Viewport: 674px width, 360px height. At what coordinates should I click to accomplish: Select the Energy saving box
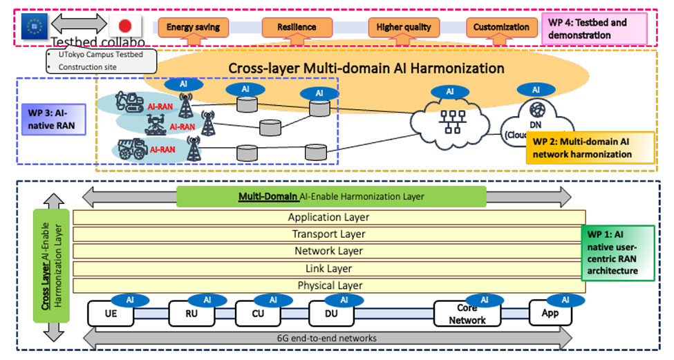[x=193, y=28]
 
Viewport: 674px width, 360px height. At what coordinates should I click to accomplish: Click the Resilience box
[x=297, y=28]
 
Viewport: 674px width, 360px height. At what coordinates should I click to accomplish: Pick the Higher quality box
[x=404, y=28]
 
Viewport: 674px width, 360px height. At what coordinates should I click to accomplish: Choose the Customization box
[x=502, y=28]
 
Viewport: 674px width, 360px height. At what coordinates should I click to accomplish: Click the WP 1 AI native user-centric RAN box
[x=618, y=252]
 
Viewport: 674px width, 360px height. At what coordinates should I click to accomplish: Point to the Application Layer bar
[x=328, y=217]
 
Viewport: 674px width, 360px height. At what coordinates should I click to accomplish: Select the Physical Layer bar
[x=328, y=285]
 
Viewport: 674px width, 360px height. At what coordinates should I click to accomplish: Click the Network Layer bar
[x=328, y=252]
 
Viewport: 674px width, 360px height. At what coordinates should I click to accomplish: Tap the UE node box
[x=110, y=312]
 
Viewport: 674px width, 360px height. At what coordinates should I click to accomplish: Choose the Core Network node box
[x=467, y=314]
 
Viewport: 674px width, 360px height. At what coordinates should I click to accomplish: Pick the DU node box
[x=330, y=312]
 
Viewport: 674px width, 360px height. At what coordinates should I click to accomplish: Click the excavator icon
[x=129, y=102]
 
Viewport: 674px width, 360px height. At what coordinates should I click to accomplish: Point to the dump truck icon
[x=131, y=149]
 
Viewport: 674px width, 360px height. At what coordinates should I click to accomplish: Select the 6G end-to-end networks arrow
[x=328, y=338]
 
